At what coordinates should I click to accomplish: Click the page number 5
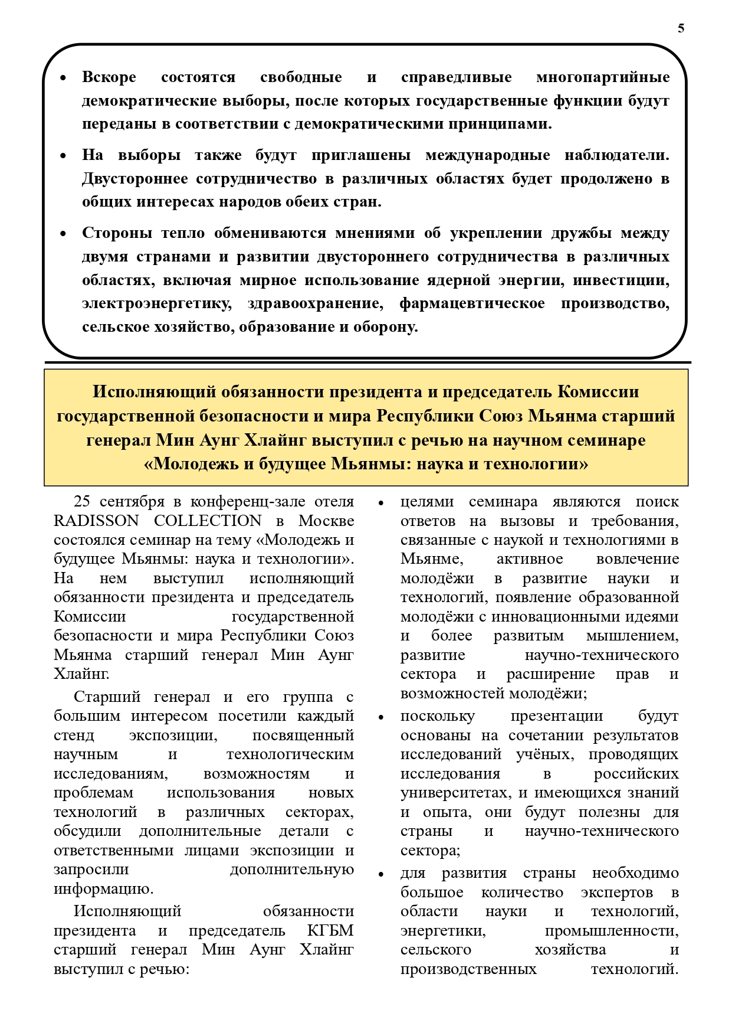pos(681,28)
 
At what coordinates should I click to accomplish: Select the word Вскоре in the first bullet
pos(109,77)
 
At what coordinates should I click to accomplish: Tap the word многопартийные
pos(603,77)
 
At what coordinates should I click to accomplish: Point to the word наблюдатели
pos(617,155)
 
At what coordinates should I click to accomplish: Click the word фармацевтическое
pos(472,303)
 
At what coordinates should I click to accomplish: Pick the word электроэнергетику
pos(156,303)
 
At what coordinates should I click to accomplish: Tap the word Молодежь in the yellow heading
pos(195,464)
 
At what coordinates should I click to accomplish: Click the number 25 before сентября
pos(82,502)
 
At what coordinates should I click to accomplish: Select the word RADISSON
pos(96,521)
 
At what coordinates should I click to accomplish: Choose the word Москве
pos(326,521)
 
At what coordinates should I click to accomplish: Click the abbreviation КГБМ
pos(330,931)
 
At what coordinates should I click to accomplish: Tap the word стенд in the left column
pos(74,736)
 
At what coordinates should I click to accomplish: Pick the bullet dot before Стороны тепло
pos(64,234)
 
